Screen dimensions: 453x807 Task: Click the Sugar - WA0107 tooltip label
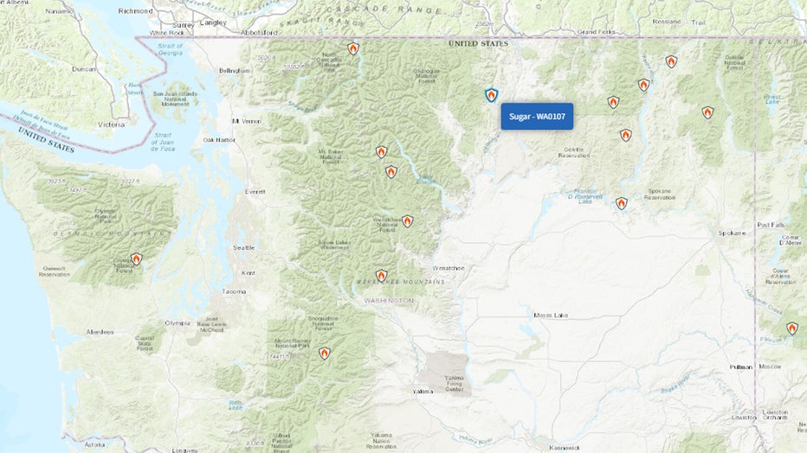pos(537,116)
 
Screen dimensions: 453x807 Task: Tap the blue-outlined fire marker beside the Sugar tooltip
pos(491,95)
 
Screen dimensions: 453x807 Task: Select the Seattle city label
pos(244,247)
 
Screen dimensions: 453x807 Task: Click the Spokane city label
pos(732,233)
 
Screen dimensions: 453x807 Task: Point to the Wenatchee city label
pos(449,268)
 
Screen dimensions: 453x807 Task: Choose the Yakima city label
pos(423,391)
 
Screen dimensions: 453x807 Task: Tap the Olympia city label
pos(177,322)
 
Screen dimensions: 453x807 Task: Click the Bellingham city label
pos(234,70)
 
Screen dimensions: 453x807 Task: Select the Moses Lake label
pos(552,315)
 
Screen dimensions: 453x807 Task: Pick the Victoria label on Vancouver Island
pos(112,124)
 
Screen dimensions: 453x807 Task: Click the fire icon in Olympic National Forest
pos(136,258)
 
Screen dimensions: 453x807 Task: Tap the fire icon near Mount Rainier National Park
pos(324,353)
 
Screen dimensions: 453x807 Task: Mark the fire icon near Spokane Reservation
pos(621,203)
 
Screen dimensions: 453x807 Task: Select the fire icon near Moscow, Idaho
pos(791,329)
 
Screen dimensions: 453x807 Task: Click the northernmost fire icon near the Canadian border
pos(353,49)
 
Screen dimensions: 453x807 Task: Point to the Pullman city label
pos(740,367)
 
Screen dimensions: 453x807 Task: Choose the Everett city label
pos(255,191)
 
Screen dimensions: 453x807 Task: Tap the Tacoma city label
pos(234,291)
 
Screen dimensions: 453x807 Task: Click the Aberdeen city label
pos(100,332)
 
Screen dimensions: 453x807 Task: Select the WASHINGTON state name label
pos(389,300)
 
